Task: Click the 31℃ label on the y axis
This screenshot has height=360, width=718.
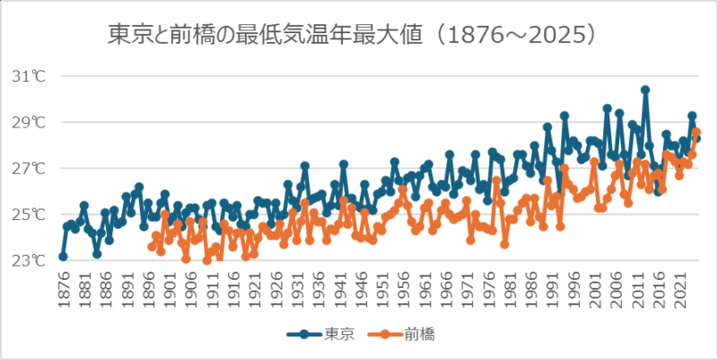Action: click(x=28, y=76)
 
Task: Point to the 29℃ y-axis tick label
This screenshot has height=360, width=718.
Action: click(x=28, y=122)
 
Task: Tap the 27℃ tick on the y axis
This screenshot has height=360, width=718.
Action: click(x=28, y=169)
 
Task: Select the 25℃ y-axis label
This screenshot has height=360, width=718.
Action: click(x=28, y=215)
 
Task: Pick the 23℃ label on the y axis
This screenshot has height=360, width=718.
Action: click(x=28, y=261)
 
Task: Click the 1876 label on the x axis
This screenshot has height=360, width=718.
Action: click(x=63, y=286)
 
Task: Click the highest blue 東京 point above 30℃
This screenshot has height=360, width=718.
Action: click(x=645, y=90)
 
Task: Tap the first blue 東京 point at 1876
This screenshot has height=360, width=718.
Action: click(x=63, y=257)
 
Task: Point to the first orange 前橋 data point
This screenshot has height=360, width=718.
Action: click(x=152, y=247)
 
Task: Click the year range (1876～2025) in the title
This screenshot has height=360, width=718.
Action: click(x=511, y=35)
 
